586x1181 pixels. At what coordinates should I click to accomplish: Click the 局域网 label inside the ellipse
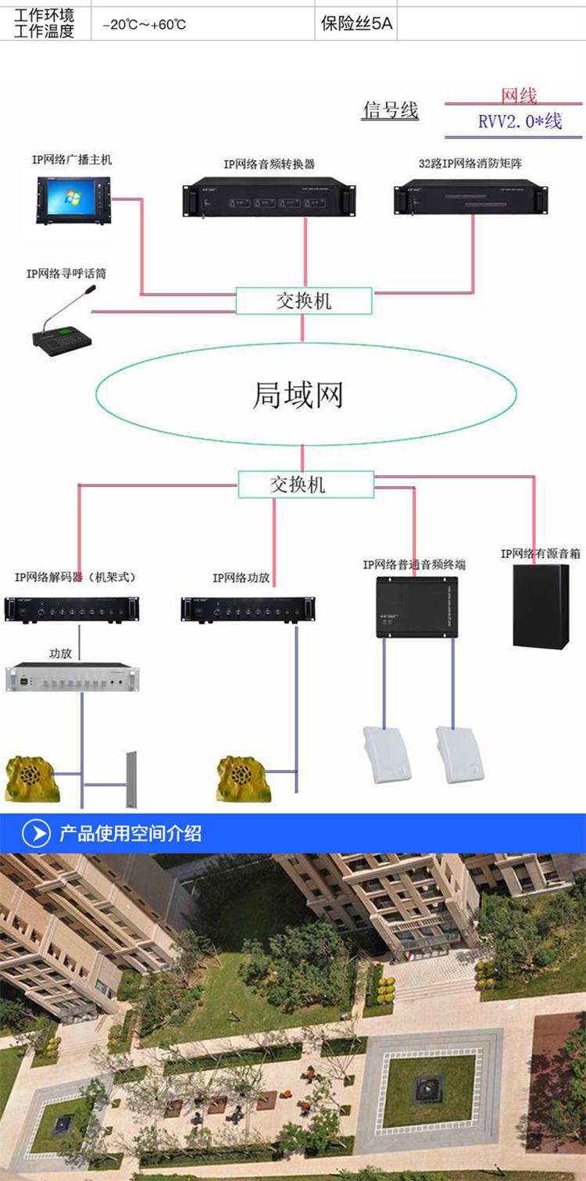(x=298, y=395)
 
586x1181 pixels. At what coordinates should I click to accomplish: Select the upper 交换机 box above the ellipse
(x=303, y=301)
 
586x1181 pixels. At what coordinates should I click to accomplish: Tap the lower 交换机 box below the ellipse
(x=306, y=484)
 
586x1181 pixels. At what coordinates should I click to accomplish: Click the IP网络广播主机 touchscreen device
(x=73, y=200)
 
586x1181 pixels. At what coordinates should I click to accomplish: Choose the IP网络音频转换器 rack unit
(x=269, y=197)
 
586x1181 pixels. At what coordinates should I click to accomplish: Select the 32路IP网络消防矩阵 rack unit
(x=471, y=197)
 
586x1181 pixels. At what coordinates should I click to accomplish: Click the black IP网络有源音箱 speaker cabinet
(x=541, y=607)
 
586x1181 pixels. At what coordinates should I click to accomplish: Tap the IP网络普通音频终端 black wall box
(x=416, y=607)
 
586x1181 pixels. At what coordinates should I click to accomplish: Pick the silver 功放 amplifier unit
(x=73, y=677)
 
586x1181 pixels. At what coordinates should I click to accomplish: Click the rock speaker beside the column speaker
(x=31, y=778)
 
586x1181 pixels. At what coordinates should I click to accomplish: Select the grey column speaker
(x=131, y=779)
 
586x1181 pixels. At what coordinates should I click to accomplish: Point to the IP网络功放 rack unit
(x=248, y=610)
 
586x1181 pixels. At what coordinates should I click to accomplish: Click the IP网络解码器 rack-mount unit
(x=72, y=610)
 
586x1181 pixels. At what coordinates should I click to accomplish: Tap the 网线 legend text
(x=519, y=95)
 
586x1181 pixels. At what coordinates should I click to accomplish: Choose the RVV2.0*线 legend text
(x=520, y=121)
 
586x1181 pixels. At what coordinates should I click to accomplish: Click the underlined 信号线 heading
(x=390, y=110)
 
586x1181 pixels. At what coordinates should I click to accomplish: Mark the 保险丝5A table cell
(x=356, y=23)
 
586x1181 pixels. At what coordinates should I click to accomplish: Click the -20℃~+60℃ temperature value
(x=145, y=24)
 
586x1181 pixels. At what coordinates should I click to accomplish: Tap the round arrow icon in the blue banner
(x=37, y=833)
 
